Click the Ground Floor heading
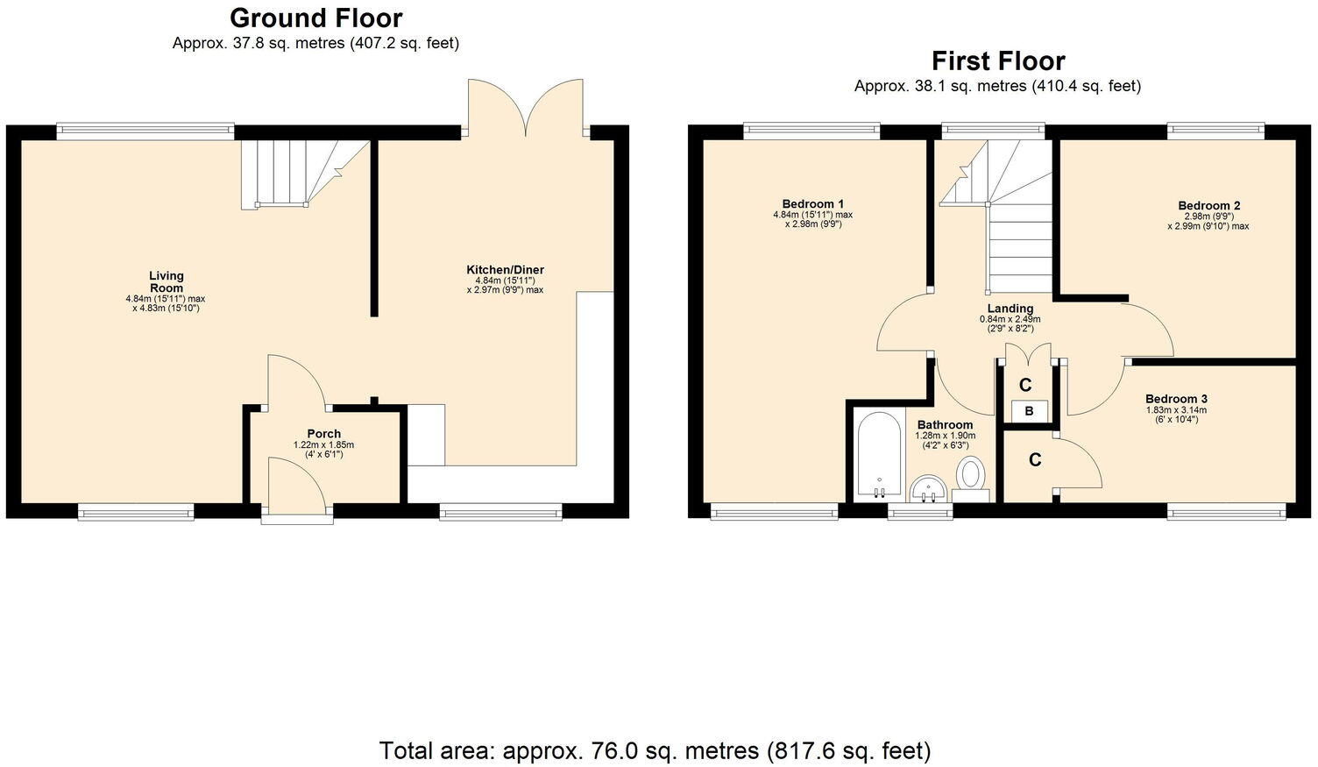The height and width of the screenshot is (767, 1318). (x=315, y=18)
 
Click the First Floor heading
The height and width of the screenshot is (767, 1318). (x=997, y=61)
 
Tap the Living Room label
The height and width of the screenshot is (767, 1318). (x=166, y=281)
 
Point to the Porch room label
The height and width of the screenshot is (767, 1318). (x=323, y=434)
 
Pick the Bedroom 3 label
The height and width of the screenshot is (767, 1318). (x=1176, y=399)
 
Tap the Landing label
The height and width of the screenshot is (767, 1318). (x=1010, y=309)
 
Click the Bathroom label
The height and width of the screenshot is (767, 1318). (x=945, y=425)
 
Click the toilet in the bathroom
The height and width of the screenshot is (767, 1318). (x=970, y=475)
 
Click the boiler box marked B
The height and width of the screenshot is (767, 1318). (x=1029, y=411)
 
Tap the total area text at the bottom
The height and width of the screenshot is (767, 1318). (x=655, y=750)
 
